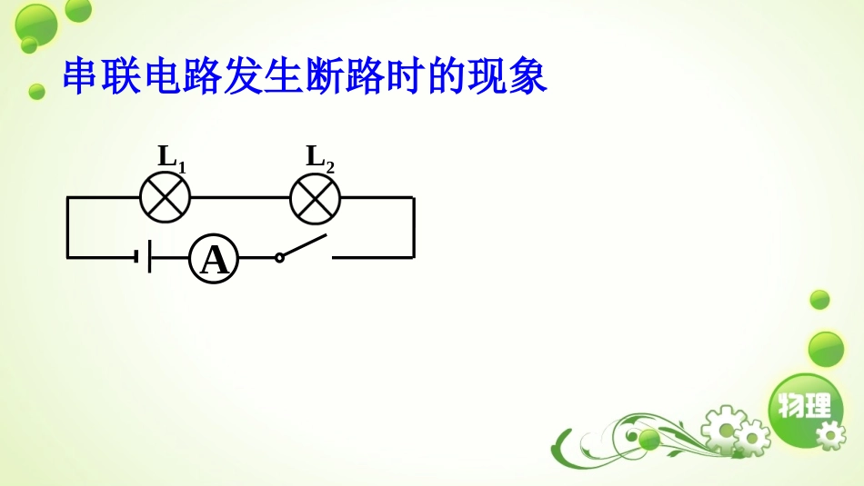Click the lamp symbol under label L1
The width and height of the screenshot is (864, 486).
165,197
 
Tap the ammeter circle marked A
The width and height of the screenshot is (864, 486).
214,259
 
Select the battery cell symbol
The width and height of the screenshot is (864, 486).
143,257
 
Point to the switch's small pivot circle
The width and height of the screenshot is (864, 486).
279,257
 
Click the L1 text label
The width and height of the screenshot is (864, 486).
171,157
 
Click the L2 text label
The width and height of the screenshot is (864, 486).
319,157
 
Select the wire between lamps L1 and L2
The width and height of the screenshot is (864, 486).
240,197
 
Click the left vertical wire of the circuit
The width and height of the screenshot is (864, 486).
67,227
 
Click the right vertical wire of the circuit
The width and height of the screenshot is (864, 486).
414,227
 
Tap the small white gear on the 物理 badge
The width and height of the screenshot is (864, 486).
830,434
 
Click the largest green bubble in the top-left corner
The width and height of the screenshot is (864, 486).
36,24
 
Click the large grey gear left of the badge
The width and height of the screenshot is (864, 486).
724,427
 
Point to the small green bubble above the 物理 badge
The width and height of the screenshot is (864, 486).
819,300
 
